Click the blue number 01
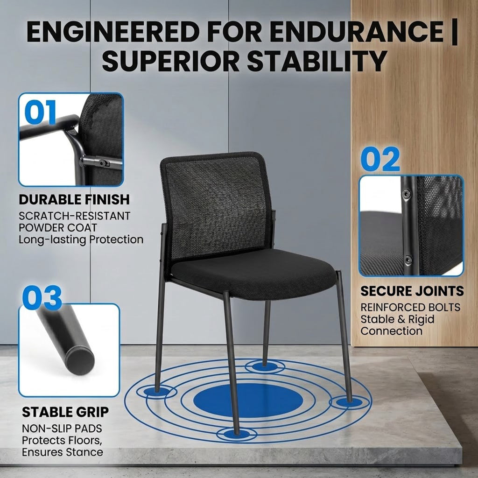coord(41,112)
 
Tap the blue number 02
coord(380,159)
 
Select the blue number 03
coord(42,297)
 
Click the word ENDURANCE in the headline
coord(356,31)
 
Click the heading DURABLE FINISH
coord(74,199)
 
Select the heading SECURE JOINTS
coord(412,291)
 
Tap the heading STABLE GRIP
coord(65,412)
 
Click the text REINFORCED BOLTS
coord(410,307)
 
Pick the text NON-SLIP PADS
coord(62,429)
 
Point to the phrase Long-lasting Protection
coord(81,239)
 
